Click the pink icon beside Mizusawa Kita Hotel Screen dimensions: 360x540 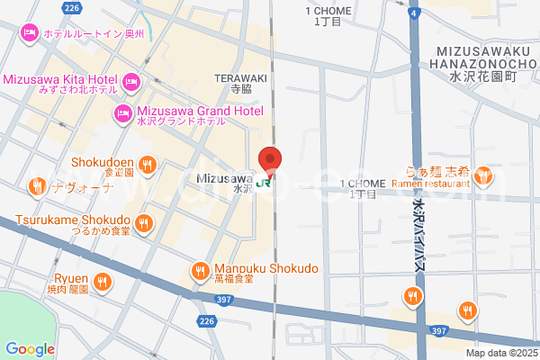pyautogui.click(x=131, y=83)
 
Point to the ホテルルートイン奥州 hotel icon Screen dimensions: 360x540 pyautogui.click(x=28, y=32)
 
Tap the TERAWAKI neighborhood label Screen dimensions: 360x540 pyautogui.click(x=240, y=78)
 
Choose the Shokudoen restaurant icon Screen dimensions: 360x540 pyautogui.click(x=148, y=164)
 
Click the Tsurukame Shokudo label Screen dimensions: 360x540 pyautogui.click(x=73, y=220)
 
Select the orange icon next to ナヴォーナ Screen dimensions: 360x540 pyautogui.click(x=36, y=187)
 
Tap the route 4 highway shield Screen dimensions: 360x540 pyautogui.click(x=412, y=13)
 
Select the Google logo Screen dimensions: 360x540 pyautogui.click(x=30, y=349)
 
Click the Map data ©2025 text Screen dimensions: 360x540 pyautogui.click(x=500, y=353)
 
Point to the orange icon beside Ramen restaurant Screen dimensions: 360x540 pyautogui.click(x=484, y=175)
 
